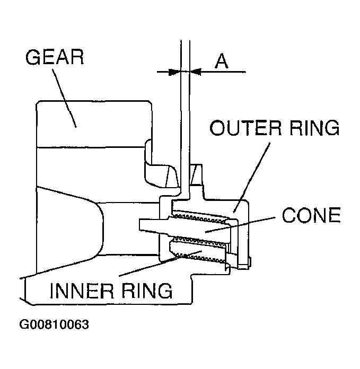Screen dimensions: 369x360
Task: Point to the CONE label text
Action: tap(311, 216)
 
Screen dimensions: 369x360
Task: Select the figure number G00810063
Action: tap(54, 324)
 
